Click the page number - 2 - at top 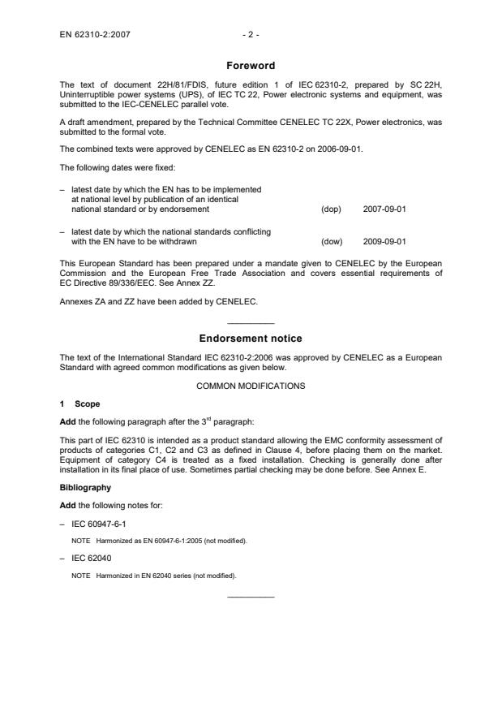[251, 36]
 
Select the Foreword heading [251, 66]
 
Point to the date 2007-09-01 [385, 209]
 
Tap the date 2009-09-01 [385, 241]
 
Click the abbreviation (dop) [331, 209]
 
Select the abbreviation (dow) [332, 241]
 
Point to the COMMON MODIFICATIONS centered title [251, 386]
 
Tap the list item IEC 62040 [86, 559]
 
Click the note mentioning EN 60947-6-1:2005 [153, 540]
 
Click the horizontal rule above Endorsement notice [251, 323]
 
